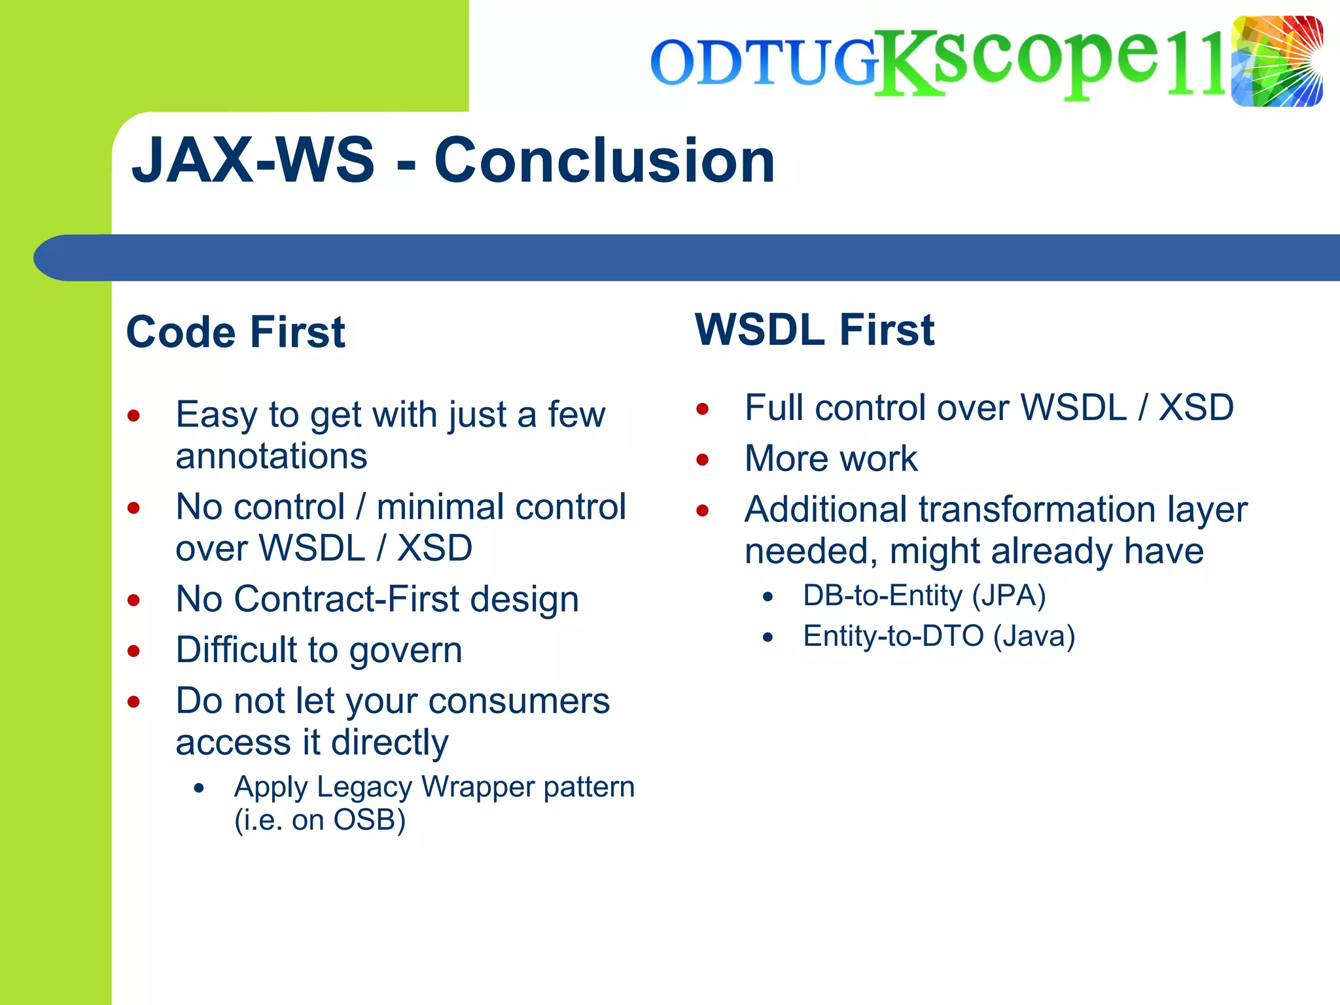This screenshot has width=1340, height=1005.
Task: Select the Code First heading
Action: click(235, 332)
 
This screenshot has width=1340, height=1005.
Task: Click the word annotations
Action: click(272, 456)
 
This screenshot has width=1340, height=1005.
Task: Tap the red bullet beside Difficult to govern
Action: click(134, 651)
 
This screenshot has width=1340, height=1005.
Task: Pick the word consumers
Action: click(519, 701)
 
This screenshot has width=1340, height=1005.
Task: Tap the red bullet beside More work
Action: click(703, 459)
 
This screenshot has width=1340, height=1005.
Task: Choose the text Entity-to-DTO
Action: click(893, 636)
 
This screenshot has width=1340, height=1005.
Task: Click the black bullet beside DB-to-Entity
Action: click(768, 597)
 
